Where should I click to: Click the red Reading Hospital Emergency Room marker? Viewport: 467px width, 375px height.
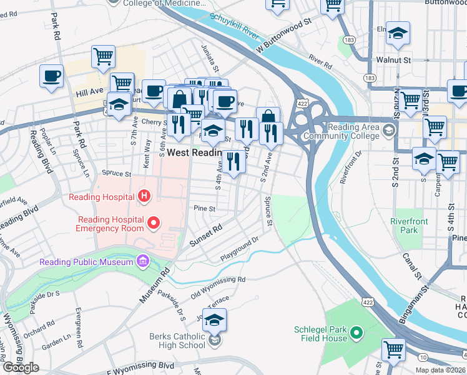coord(152,221)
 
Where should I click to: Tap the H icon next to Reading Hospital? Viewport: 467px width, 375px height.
coord(144,197)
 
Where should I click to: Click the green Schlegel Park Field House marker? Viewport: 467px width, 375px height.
coord(356,334)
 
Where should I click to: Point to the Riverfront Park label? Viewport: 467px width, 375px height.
coord(409,226)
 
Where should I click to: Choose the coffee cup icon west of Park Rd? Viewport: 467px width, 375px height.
coord(51,76)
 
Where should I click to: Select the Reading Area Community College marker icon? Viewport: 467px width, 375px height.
coord(390,131)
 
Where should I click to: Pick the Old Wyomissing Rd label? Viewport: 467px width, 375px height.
coord(218,287)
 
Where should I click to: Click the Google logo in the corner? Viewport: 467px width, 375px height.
coord(21,367)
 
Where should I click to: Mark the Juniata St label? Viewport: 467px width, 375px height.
coord(209,58)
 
